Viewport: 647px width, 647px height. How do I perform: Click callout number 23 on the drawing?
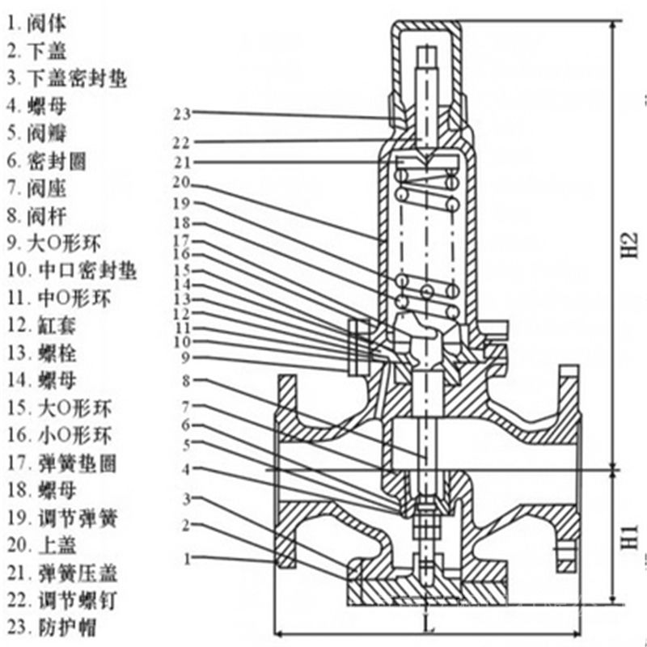(x=181, y=112)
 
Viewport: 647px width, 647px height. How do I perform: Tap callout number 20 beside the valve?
(x=181, y=181)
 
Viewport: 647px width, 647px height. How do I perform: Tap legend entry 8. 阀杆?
(x=36, y=216)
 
